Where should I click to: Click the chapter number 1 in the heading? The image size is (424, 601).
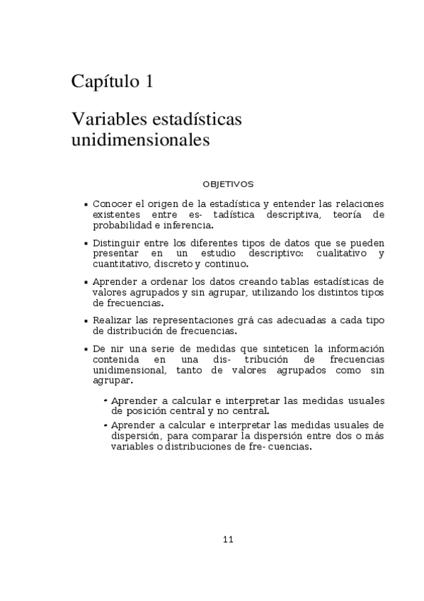tap(148, 82)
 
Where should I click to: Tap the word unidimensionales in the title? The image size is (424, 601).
tap(140, 140)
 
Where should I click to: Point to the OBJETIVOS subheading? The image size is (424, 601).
tap(228, 184)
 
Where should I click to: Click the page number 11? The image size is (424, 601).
tap(228, 539)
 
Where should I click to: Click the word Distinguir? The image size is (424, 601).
tap(115, 242)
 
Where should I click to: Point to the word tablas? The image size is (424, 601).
tap(281, 281)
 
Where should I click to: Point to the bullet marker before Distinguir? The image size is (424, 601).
tap(86, 243)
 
